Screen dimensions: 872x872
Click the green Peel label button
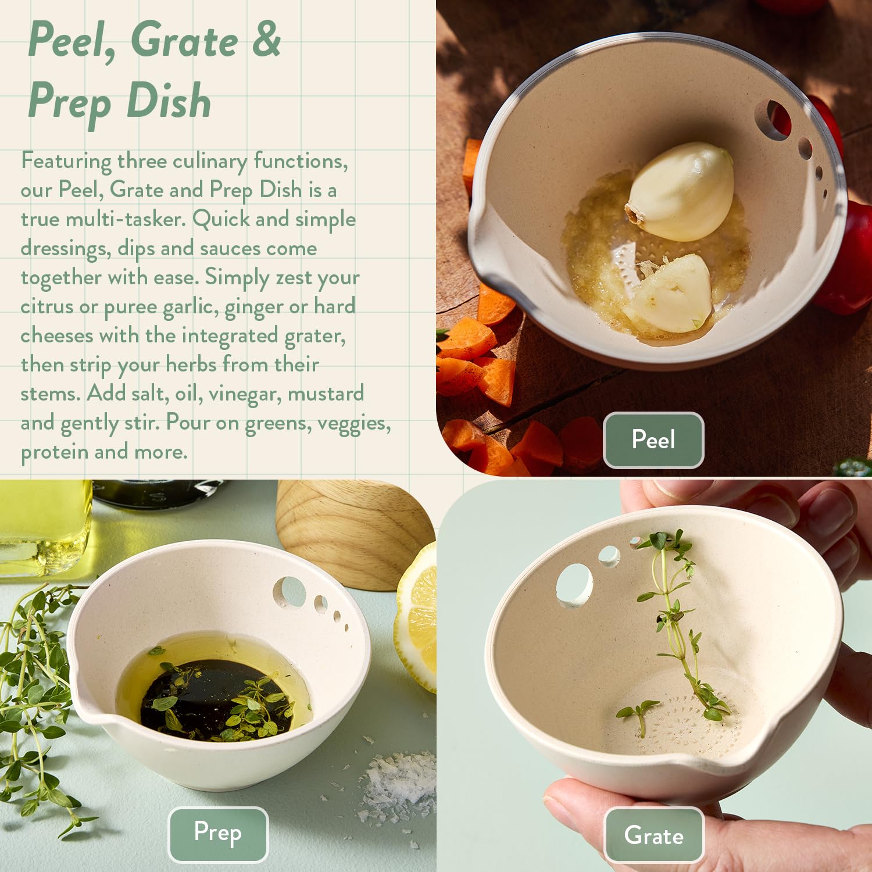coord(653,439)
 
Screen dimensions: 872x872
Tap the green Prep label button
coord(218,834)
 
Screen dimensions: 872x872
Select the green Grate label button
coord(654,835)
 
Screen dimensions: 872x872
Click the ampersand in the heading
coord(266,40)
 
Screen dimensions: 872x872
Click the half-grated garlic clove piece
coord(674,294)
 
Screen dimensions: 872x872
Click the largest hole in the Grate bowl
coord(574,585)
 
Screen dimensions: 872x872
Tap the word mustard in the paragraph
coord(326,394)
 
